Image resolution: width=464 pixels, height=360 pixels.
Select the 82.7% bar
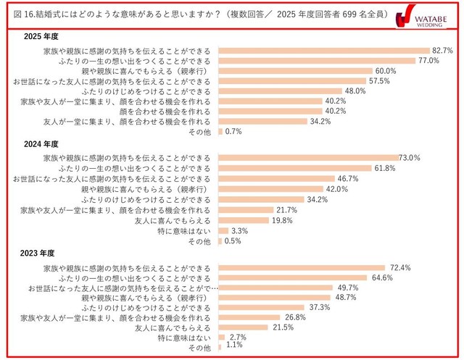[x=322, y=51]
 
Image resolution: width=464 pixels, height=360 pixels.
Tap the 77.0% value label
[x=431, y=61]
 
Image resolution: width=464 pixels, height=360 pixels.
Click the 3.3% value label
[x=239, y=230]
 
